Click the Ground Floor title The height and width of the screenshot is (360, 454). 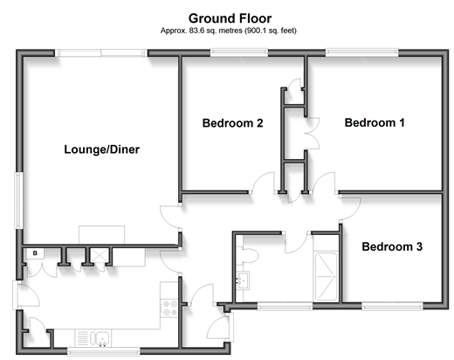point(230,18)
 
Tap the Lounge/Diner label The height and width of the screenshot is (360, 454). point(102,149)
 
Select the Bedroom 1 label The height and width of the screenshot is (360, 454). point(375,122)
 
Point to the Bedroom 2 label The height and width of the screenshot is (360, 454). point(232,123)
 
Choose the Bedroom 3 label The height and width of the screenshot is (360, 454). point(392,246)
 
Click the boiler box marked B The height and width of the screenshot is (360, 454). point(35,253)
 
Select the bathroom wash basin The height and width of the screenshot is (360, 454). point(243,280)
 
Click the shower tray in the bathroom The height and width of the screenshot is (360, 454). point(326,276)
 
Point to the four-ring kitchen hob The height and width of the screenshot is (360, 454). point(169,308)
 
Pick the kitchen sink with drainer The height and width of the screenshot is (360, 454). point(93,338)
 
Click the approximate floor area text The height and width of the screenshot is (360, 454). point(229,31)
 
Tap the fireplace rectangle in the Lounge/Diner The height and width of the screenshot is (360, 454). point(101,234)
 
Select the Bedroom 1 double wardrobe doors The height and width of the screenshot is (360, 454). point(313,134)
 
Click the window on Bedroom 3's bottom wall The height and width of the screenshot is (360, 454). point(392,306)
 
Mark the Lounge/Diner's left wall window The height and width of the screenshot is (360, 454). point(19,200)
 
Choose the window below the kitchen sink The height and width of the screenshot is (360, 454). point(104,351)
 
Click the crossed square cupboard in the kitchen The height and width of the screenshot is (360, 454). point(100,255)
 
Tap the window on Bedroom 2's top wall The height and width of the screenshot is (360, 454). point(239,52)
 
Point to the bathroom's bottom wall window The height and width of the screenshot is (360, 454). point(285,306)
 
